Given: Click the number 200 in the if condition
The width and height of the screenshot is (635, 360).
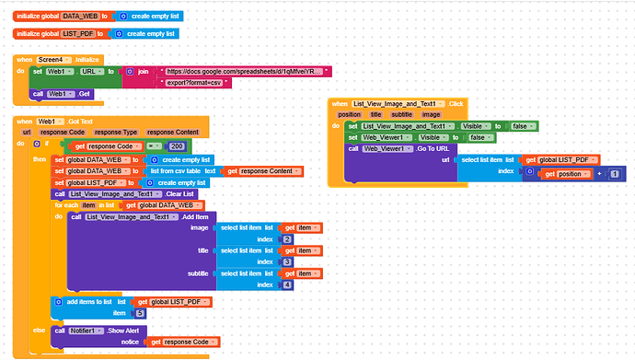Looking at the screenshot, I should (x=178, y=145).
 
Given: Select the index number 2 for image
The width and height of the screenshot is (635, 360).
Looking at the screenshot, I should (x=288, y=239).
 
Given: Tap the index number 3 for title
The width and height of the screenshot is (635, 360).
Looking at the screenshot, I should (x=288, y=262).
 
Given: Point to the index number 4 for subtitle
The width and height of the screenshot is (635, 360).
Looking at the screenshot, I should (x=288, y=285).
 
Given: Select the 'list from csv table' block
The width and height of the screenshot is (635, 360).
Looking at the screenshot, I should (x=175, y=171).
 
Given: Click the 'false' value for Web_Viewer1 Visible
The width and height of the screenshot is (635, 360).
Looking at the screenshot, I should (x=478, y=137).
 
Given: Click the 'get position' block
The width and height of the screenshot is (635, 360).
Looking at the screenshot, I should (x=563, y=173).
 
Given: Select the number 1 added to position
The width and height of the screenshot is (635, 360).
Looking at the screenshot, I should (x=613, y=173).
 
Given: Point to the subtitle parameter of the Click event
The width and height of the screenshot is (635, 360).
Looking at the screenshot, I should (x=400, y=115).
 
